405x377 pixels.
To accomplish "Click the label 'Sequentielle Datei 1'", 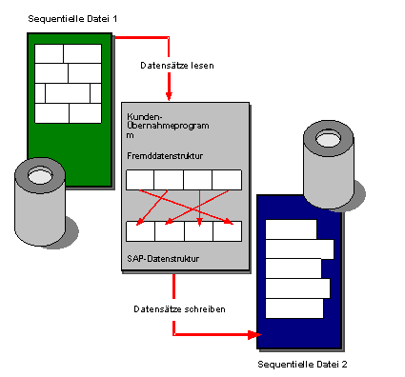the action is click(x=72, y=19).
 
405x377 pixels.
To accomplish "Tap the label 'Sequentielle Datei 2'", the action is click(x=302, y=365).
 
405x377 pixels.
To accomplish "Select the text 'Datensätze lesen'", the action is click(x=177, y=66).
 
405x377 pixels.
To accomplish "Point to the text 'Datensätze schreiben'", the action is click(x=179, y=309).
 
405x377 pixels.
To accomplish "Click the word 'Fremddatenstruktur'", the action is click(x=165, y=156).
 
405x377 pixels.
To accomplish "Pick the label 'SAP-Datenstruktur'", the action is click(x=163, y=259).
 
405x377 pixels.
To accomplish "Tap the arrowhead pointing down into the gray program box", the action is click(x=169, y=96).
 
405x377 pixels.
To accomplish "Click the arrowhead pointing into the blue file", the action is click(x=254, y=334).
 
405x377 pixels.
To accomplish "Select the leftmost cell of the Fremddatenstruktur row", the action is click(x=140, y=180).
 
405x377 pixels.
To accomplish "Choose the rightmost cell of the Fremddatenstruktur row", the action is click(x=227, y=180).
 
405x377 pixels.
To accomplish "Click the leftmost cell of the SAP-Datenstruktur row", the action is click(x=140, y=231).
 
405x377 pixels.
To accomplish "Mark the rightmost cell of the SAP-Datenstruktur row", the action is click(x=228, y=231).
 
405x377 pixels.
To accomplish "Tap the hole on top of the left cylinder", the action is click(x=40, y=175).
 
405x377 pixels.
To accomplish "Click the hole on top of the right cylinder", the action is click(x=329, y=138).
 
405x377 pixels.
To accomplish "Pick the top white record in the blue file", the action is click(x=291, y=229).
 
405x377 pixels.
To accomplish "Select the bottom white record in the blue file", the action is click(x=294, y=308).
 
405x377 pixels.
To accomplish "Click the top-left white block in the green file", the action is click(x=49, y=53).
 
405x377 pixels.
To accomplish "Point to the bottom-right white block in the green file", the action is click(x=86, y=113).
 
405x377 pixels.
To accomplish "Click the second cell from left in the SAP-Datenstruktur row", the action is click(x=170, y=231).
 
